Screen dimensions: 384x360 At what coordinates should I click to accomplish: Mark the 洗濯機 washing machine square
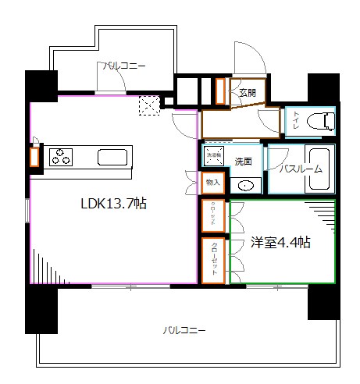214,155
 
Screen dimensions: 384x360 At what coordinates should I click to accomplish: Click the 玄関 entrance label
248,92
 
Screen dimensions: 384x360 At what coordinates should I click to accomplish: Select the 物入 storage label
212,183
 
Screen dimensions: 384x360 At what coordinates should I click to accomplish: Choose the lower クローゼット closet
212,261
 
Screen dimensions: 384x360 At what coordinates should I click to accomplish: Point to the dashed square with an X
148,105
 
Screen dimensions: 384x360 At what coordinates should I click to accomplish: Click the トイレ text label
298,121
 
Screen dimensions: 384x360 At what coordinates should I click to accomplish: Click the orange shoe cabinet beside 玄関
221,91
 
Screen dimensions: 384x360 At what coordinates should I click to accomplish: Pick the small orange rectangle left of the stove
34,157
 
